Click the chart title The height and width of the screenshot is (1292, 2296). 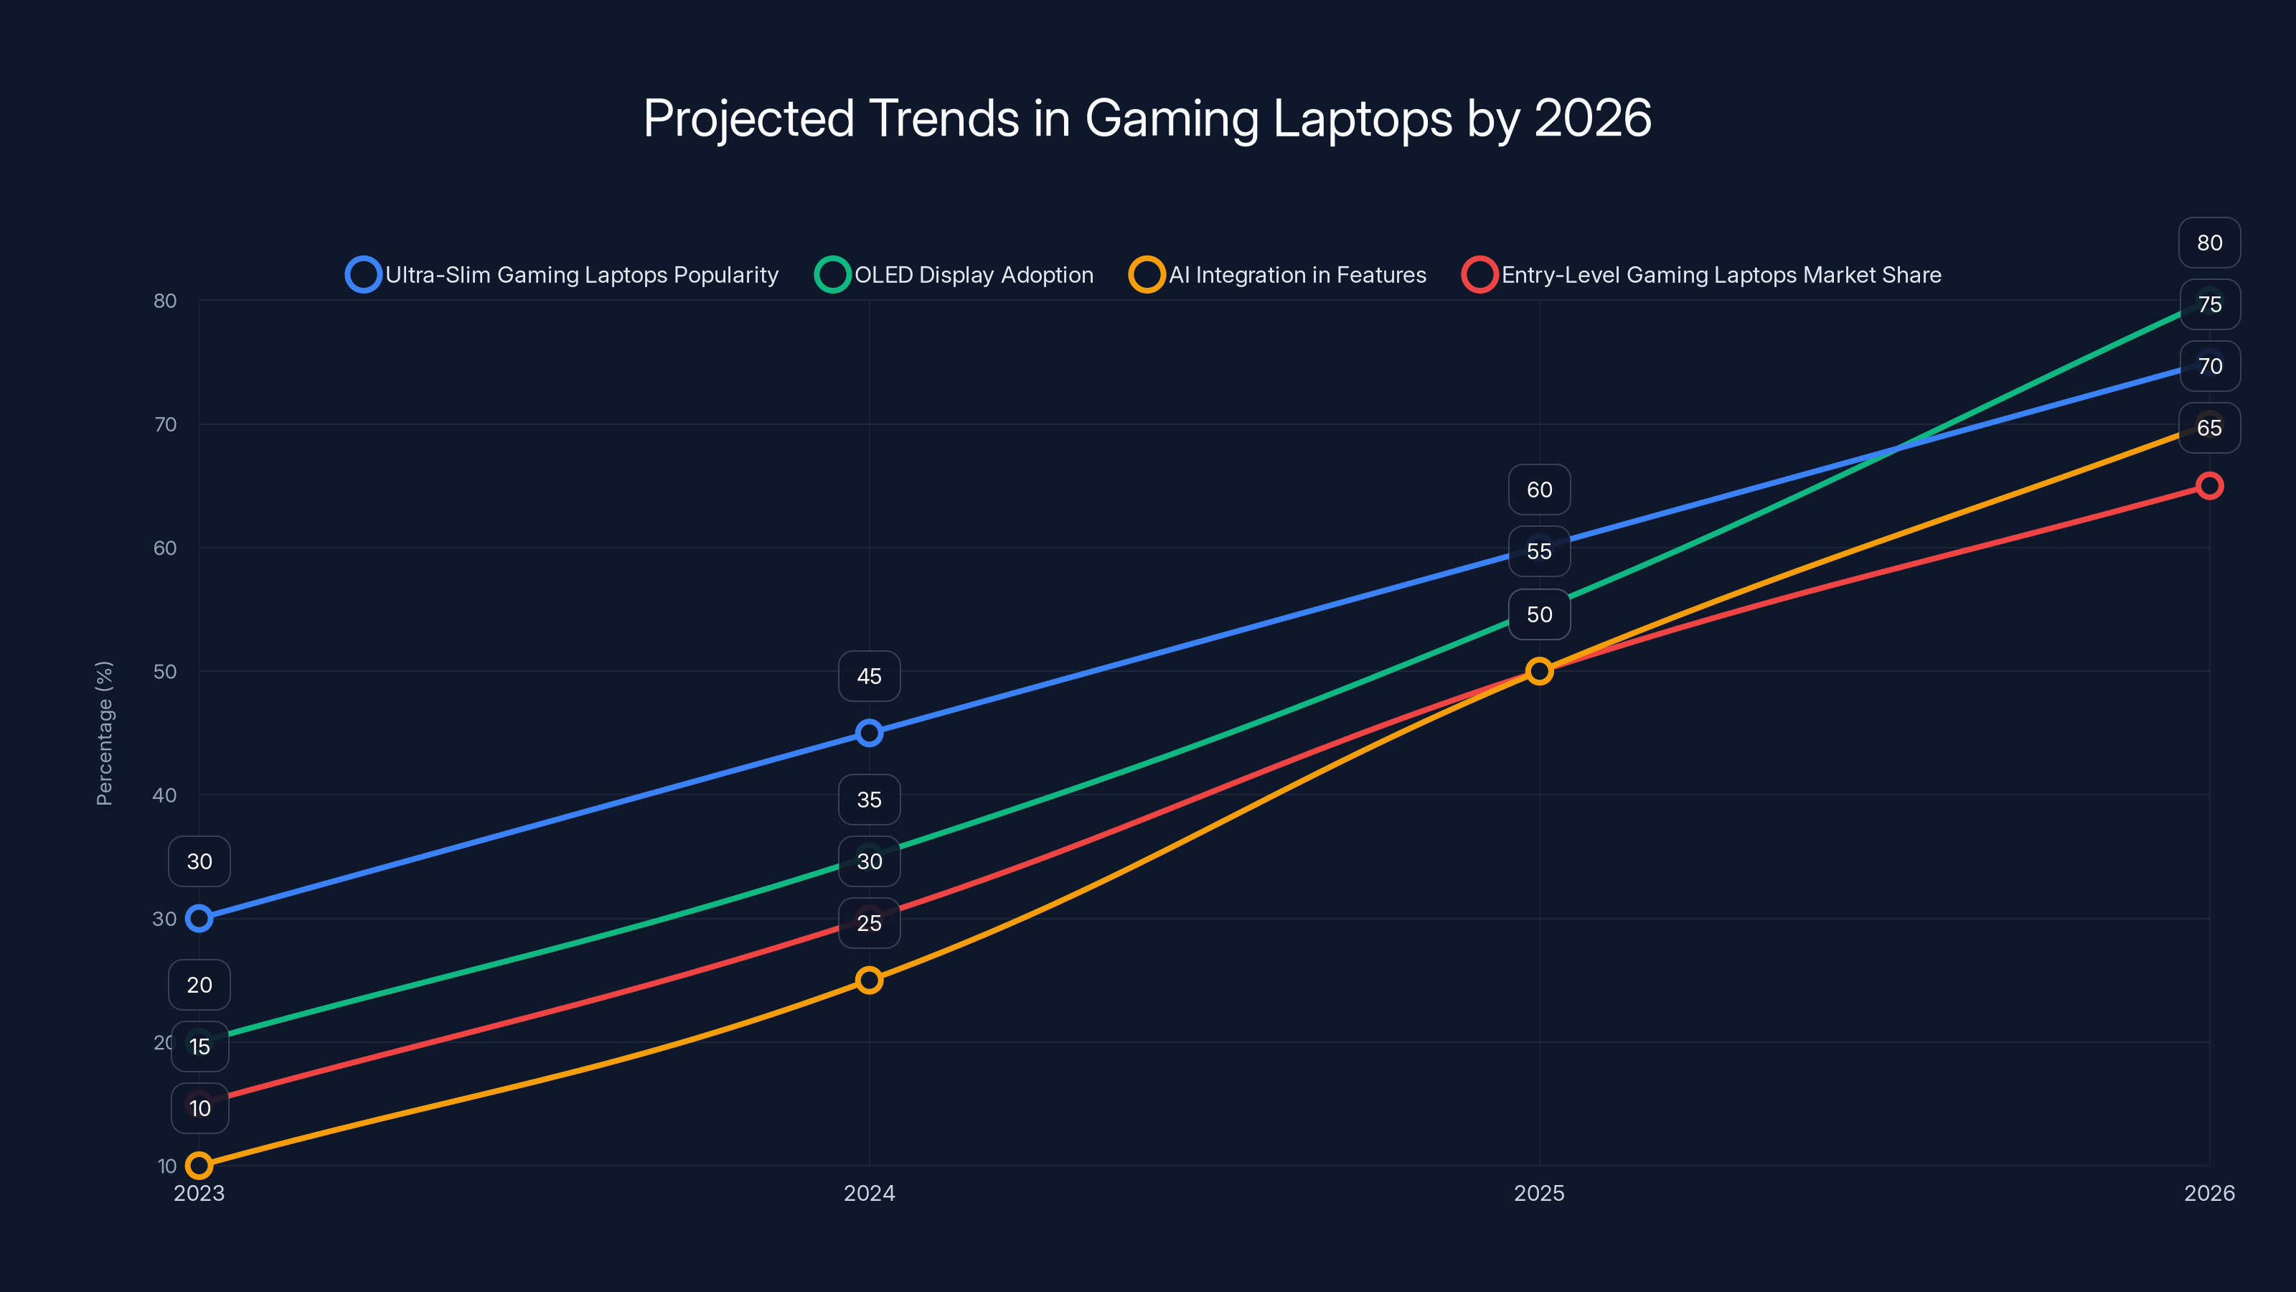(1147, 118)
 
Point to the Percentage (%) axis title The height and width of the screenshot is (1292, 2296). (104, 733)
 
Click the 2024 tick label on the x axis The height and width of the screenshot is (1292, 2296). (869, 1193)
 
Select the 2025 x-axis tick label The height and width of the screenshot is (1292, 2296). (1539, 1193)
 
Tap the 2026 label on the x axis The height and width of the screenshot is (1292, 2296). (2208, 1193)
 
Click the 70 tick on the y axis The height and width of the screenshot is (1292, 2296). (165, 424)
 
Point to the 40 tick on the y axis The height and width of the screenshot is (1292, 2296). (165, 795)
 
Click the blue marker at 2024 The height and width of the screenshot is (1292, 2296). (869, 733)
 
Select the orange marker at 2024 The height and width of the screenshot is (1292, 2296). (869, 980)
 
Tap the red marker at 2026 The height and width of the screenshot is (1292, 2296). (2208, 486)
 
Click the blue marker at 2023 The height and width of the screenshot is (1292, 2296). (199, 919)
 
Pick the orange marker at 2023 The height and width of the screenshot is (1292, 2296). (199, 1166)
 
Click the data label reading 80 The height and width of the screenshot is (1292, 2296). (2208, 243)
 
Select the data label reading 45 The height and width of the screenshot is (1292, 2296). (869, 676)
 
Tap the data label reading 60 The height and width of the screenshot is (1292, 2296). (1539, 490)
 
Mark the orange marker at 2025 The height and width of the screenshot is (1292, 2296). (1539, 671)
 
